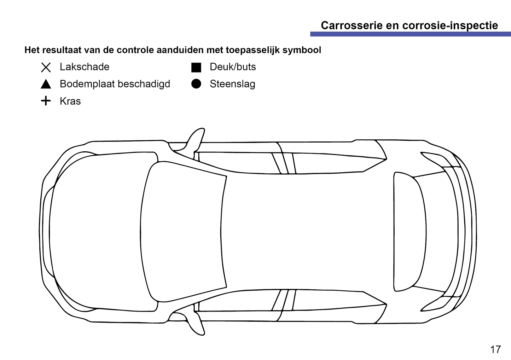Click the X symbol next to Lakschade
click(46, 68)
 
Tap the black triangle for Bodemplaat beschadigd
click(46, 84)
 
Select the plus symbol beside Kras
click(46, 101)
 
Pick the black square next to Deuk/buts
click(196, 68)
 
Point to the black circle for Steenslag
click(196, 84)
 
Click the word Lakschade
click(85, 67)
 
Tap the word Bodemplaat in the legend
click(87, 84)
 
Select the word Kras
click(70, 101)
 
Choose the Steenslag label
click(232, 84)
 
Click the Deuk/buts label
click(233, 67)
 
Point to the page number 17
click(495, 349)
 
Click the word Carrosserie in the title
click(352, 25)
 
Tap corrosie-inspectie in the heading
click(450, 25)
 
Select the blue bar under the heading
click(411, 34)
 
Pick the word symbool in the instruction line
click(302, 50)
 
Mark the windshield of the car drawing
click(182, 232)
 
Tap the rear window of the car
click(410, 232)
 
